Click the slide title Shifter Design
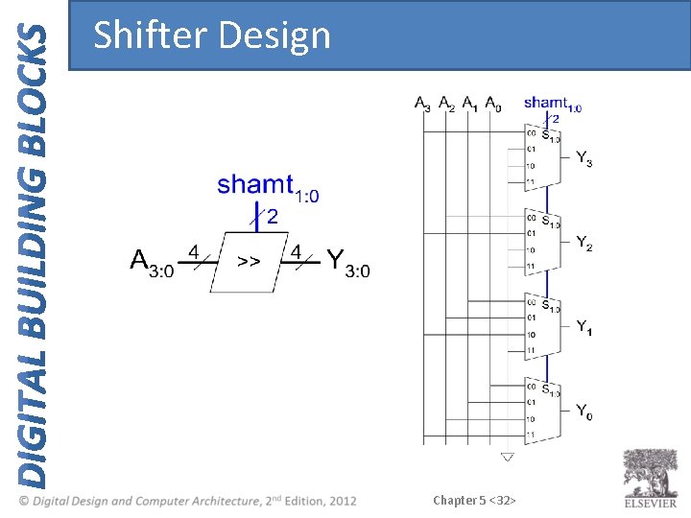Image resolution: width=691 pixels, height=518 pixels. (x=212, y=35)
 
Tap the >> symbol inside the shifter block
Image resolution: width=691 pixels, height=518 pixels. (x=249, y=260)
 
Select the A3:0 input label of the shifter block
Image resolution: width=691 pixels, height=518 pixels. (x=152, y=262)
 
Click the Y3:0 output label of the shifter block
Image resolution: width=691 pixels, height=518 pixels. (x=347, y=262)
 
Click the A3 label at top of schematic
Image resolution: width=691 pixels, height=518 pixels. (x=422, y=103)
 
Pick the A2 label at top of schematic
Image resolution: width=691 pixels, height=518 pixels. (x=446, y=103)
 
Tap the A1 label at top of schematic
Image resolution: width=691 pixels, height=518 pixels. (x=469, y=103)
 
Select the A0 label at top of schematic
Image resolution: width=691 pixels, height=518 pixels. (x=492, y=103)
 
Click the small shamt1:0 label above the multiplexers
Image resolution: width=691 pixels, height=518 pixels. (x=552, y=103)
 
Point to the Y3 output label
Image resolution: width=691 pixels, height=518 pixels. (x=584, y=157)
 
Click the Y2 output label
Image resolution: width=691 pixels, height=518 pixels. (x=584, y=242)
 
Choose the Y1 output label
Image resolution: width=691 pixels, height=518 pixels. (x=584, y=327)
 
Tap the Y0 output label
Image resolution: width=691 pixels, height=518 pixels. (x=584, y=412)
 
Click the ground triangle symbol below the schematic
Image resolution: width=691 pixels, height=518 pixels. (x=507, y=458)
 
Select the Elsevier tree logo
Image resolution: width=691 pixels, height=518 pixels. (x=651, y=473)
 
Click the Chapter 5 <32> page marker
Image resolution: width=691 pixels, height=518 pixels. (x=475, y=500)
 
